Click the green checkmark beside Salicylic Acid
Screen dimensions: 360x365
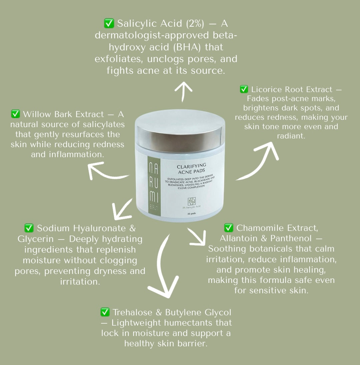coord(109,23)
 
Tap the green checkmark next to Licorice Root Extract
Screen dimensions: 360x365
coord(244,89)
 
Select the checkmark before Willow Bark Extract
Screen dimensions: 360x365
coord(15,114)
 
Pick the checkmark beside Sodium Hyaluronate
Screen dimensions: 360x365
coord(29,228)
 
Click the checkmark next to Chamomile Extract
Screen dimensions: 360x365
coord(229,228)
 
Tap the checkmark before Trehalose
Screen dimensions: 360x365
coord(105,312)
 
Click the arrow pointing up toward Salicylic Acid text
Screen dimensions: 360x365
coord(183,91)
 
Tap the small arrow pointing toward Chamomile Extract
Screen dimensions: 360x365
coord(198,238)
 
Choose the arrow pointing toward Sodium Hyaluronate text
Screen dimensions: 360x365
coord(121,210)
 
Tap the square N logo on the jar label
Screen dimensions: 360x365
coord(191,201)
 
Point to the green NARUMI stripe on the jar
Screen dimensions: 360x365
coord(154,186)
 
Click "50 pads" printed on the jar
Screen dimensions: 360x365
coord(192,214)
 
